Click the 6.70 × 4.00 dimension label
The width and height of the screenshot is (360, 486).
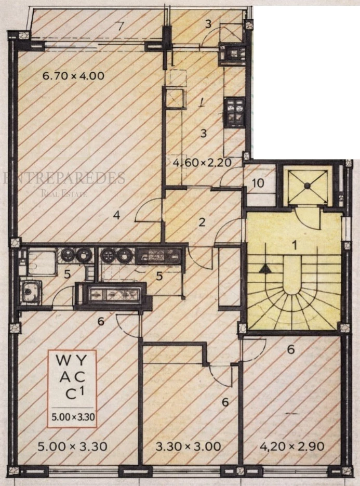pyautogui.click(x=73, y=75)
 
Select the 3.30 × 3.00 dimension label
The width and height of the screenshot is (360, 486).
pyautogui.click(x=189, y=446)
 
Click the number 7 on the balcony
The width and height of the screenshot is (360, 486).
pyautogui.click(x=121, y=26)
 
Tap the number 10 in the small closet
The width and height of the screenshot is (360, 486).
pyautogui.click(x=258, y=183)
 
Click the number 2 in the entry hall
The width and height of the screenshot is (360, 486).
pyautogui.click(x=202, y=222)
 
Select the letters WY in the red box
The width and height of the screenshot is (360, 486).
pyautogui.click(x=72, y=360)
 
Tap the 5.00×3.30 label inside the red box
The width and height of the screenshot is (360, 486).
pyautogui.click(x=72, y=416)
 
